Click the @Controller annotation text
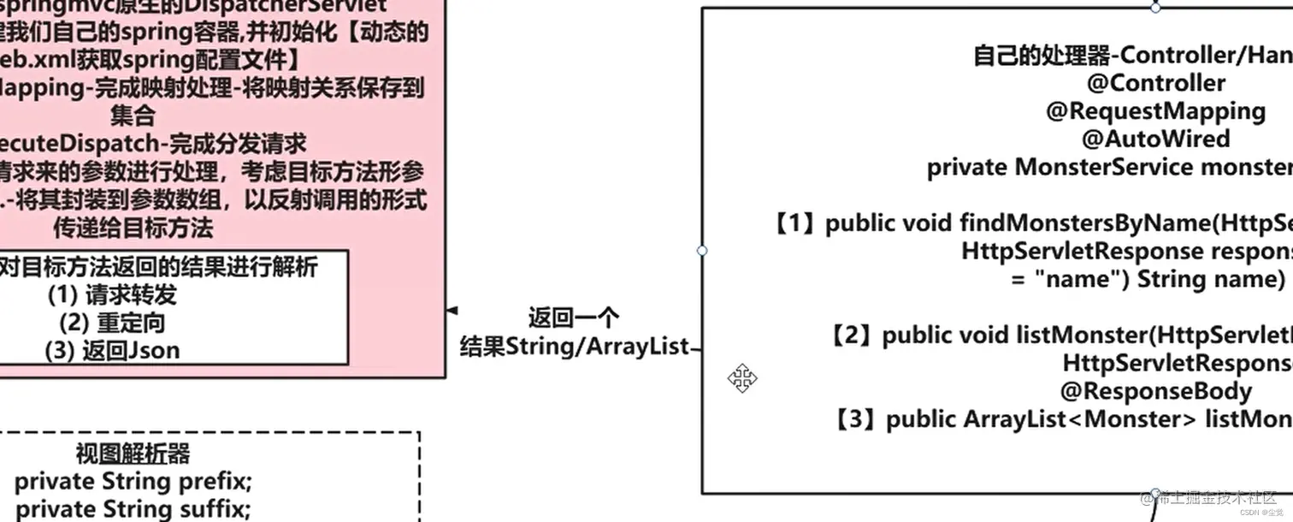pos(1156,83)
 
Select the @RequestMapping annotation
pos(1155,111)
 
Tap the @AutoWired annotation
pos(1155,139)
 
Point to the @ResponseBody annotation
pos(1155,391)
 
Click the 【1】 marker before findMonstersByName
pos(795,223)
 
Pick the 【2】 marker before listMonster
pos(853,335)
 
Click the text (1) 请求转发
pos(112,295)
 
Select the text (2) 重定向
pos(112,323)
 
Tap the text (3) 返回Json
pos(112,350)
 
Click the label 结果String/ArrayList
pos(574,347)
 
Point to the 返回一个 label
pos(573,318)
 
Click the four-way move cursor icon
pos(741,377)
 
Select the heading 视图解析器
pos(133,454)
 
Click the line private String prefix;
pos(133,481)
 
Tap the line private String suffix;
pos(133,509)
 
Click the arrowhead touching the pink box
pos(452,310)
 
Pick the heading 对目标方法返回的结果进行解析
pos(158,267)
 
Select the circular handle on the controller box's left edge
pos(702,251)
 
